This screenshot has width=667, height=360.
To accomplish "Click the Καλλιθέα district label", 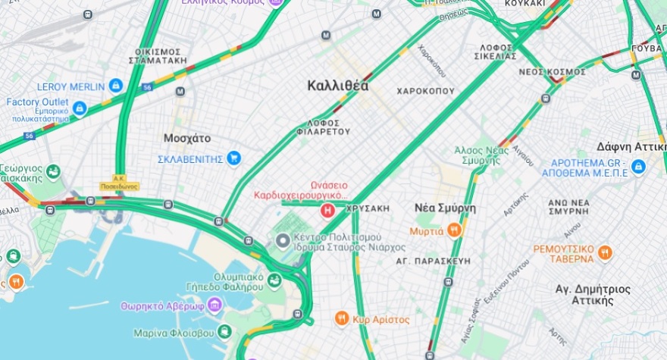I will coord(338,86).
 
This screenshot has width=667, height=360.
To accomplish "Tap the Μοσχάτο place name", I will coord(187,139).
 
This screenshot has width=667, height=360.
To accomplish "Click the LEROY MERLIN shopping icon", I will coord(116,86).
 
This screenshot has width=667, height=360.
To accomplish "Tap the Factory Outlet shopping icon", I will coord(80,108).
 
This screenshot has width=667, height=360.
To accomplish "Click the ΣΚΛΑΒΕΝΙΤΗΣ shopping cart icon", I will coord(234,158).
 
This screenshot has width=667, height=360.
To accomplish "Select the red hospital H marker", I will coord(327,210).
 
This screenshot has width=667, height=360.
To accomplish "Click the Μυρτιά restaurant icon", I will coord(454,230).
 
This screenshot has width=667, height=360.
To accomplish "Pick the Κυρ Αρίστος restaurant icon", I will coord(342,319).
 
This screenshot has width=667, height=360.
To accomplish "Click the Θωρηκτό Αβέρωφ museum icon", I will coord(215,306).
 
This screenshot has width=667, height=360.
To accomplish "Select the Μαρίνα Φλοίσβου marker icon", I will coord(224,332).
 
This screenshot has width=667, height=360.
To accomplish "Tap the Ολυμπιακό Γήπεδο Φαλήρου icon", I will coord(273,280).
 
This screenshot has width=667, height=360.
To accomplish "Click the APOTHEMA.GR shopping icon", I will coord(638,166).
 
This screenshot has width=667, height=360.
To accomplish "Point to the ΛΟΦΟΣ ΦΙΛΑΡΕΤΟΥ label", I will coord(328,126).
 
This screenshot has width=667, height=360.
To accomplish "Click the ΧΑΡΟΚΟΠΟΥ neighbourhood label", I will coord(425,91).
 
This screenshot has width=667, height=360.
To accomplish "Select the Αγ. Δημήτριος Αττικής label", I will coord(584,294).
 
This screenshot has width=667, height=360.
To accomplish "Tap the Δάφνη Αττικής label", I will coord(631,146).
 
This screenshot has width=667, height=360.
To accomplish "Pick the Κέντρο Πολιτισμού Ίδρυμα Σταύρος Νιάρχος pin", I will coord(283,241).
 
